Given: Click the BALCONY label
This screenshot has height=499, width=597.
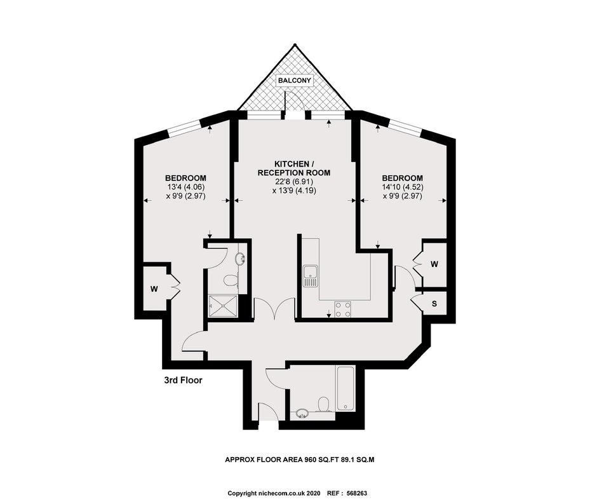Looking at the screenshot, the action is [x=295, y=81].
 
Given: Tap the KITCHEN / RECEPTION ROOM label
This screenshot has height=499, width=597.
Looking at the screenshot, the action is [x=294, y=168].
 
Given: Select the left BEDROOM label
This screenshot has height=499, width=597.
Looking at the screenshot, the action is [x=185, y=178].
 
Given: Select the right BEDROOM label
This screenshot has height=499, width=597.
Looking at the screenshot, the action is [x=403, y=178].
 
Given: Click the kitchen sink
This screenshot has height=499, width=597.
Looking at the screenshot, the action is [x=311, y=277].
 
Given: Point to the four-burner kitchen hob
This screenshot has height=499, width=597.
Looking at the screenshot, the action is [x=343, y=309].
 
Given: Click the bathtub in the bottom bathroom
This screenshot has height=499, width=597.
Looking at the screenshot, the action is [x=345, y=388].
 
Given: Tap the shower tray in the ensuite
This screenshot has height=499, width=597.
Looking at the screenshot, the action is [x=223, y=306].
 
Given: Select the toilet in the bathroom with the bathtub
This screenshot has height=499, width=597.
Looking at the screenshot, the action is [x=323, y=405].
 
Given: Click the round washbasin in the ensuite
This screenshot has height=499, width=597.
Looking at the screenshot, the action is [x=241, y=259].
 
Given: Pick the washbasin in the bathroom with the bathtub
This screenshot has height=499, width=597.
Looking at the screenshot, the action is [x=302, y=414].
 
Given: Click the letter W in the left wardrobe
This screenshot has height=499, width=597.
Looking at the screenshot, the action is [x=154, y=289].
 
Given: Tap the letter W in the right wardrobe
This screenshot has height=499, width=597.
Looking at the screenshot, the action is [x=434, y=264].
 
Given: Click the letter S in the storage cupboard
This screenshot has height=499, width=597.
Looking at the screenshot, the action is [x=434, y=304].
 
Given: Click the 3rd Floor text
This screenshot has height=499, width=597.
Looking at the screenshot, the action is [x=183, y=380].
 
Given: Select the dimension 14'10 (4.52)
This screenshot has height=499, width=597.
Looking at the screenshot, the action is [x=403, y=187].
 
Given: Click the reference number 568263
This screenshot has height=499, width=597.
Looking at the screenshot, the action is [x=357, y=493].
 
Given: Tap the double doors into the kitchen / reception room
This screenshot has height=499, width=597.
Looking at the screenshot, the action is [x=274, y=307].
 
